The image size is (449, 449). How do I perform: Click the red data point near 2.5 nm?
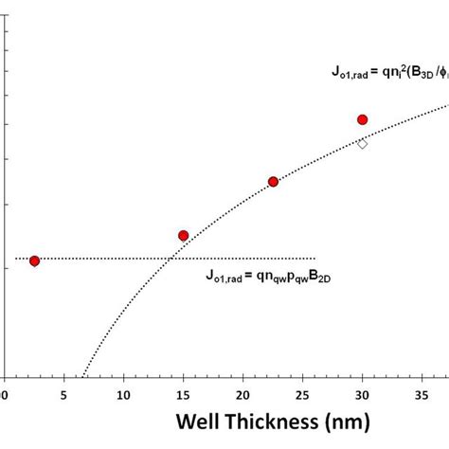pyautogui.click(x=35, y=260)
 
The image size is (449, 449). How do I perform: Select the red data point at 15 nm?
pyautogui.click(x=184, y=235)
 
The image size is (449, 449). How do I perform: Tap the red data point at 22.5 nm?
pyautogui.click(x=273, y=181)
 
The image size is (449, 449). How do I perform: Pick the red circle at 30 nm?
pyautogui.click(x=362, y=119)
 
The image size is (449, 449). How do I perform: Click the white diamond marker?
pyautogui.click(x=362, y=144)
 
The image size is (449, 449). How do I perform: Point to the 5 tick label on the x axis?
pyautogui.click(x=63, y=393)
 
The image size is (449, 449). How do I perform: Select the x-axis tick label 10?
pyautogui.click(x=123, y=393)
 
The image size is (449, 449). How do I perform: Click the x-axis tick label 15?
pyautogui.click(x=183, y=393)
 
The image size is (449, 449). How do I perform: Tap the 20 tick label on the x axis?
pyautogui.click(x=242, y=393)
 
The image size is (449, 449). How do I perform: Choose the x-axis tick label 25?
pyautogui.click(x=302, y=393)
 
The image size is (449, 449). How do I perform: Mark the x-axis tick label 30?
pyautogui.click(x=362, y=393)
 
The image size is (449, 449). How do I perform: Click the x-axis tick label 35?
pyautogui.click(x=422, y=393)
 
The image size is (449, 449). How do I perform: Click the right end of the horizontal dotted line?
pyautogui.click(x=314, y=258)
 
